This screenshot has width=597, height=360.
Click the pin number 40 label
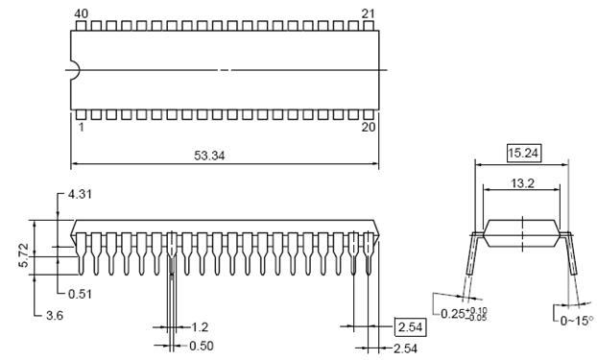pyautogui.click(x=81, y=14)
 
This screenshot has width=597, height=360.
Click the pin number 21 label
pyautogui.click(x=368, y=14)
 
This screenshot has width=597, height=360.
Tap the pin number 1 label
pyautogui.click(x=81, y=127)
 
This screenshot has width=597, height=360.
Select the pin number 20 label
pyautogui.click(x=369, y=127)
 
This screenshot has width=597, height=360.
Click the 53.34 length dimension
pyautogui.click(x=209, y=156)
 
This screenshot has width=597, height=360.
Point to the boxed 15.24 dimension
pyautogui.click(x=523, y=154)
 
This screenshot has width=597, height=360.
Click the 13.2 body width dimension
pyautogui.click(x=522, y=183)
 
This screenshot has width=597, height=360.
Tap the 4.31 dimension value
pyautogui.click(x=80, y=194)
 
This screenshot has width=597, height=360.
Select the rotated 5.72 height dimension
pyautogui.click(x=24, y=255)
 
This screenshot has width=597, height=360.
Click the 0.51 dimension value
pyautogui.click(x=80, y=294)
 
